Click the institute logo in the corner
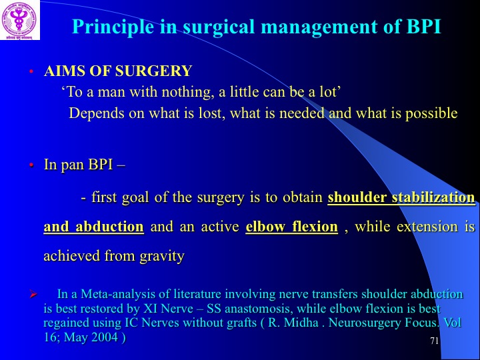20,20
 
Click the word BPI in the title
423,26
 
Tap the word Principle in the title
113,27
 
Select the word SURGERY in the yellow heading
153,71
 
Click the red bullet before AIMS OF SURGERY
31,72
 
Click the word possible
431,113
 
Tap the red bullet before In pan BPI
31,165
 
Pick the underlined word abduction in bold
109,227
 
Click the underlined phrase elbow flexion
292,227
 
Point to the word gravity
162,257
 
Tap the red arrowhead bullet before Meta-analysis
33,295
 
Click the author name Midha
301,323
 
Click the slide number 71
435,341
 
